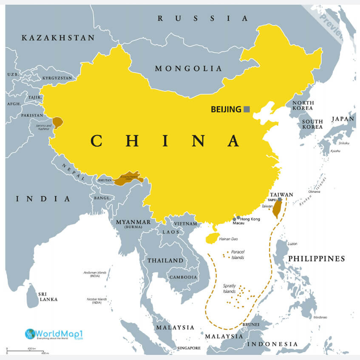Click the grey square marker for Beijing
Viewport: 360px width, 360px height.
pyautogui.click(x=247, y=109)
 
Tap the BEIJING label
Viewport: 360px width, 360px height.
pyautogui.click(x=226, y=110)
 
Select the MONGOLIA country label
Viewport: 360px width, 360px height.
pyautogui.click(x=188, y=68)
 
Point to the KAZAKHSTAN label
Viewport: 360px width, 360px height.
pyautogui.click(x=58, y=38)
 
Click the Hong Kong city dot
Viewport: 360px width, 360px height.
pyautogui.click(x=238, y=218)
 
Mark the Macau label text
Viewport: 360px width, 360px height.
pyautogui.click(x=238, y=223)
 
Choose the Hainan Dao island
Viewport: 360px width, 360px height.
pyautogui.click(x=212, y=238)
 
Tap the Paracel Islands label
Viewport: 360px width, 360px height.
pyautogui.click(x=238, y=255)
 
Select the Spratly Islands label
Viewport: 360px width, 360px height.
pyautogui.click(x=230, y=289)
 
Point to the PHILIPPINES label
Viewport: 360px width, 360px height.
pyautogui.click(x=317, y=259)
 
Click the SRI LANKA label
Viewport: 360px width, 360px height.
pyautogui.click(x=48, y=296)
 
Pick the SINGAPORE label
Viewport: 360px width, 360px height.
pyautogui.click(x=189, y=348)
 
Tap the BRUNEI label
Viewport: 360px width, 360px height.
pyautogui.click(x=251, y=324)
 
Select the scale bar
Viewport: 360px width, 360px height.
pyautogui.click(x=28, y=351)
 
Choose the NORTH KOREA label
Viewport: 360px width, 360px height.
pyautogui.click(x=303, y=106)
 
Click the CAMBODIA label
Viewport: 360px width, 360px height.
pyautogui.click(x=184, y=277)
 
